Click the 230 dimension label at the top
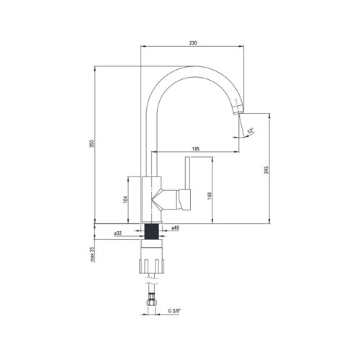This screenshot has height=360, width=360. pos(193,43)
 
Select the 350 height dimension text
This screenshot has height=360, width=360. pos(92,143)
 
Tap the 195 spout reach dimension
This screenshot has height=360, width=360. pos(196,149)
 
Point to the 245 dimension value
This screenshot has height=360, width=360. pos(266,169)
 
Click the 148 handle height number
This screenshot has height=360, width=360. pos(210,196)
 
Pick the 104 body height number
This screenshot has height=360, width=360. pos(125,199)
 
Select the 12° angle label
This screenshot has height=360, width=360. pos(251,131)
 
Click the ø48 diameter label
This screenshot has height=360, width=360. pos(176,228)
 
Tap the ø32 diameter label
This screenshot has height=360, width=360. pos(118,233)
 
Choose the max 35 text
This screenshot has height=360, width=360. pos(92,254)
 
